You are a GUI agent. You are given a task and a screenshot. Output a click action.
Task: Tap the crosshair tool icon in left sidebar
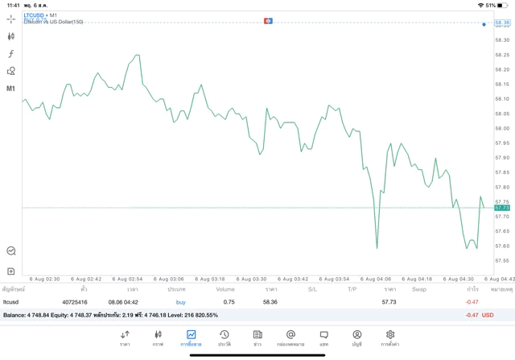pos(11,18)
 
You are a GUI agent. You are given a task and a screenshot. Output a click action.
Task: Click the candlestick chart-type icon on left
pos(11,36)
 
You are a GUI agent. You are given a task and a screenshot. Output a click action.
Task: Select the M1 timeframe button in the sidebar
pos(11,89)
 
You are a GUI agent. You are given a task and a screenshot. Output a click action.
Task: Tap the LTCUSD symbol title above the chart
pos(34,15)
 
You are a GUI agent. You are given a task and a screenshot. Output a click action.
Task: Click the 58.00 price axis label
pos(502,128)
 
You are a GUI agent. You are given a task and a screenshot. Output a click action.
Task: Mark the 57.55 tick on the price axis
pos(502,260)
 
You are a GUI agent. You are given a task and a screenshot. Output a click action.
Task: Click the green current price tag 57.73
pos(503,208)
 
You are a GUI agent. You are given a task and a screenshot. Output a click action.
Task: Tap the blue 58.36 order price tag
pos(503,23)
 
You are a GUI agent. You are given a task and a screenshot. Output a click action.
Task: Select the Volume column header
pos(225,288)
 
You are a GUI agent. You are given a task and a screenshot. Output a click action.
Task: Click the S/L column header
pos(313,288)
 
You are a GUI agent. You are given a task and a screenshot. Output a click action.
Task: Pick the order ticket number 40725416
pos(75,302)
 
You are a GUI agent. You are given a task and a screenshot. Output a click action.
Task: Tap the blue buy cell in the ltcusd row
pos(180,302)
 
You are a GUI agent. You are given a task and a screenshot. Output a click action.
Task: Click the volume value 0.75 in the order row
pos(229,302)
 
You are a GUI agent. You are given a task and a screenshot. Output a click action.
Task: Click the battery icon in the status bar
pos(504,5)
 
